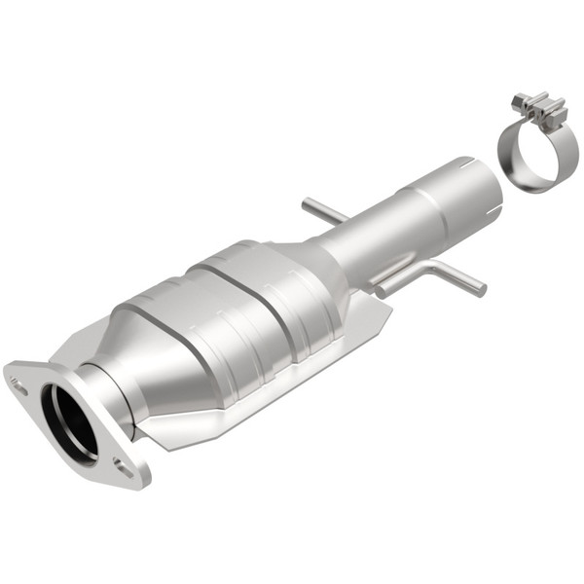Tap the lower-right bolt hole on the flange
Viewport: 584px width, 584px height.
pyautogui.click(x=123, y=466)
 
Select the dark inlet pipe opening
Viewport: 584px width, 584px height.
pyautogui.click(x=68, y=423)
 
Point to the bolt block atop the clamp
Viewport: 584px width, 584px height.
pyautogui.click(x=539, y=109)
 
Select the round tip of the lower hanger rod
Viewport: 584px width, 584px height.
pyautogui.click(x=480, y=289)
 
